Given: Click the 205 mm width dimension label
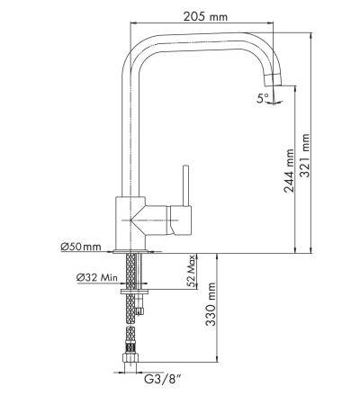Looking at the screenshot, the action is coord(205,16).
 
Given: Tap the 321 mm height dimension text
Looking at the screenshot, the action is coord(305,156).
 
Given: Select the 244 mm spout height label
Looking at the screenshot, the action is coord(290,171).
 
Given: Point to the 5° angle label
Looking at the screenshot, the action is coord(263,98).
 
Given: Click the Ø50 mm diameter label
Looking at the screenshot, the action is coord(81,247).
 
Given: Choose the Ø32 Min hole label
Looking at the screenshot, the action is coord(97,277).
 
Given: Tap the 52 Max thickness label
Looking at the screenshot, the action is coord(192,272).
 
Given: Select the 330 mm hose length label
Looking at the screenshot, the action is coord(211,304).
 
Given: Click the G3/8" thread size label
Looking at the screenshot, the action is coord(163,379).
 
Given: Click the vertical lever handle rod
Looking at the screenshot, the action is coord(186,185).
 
